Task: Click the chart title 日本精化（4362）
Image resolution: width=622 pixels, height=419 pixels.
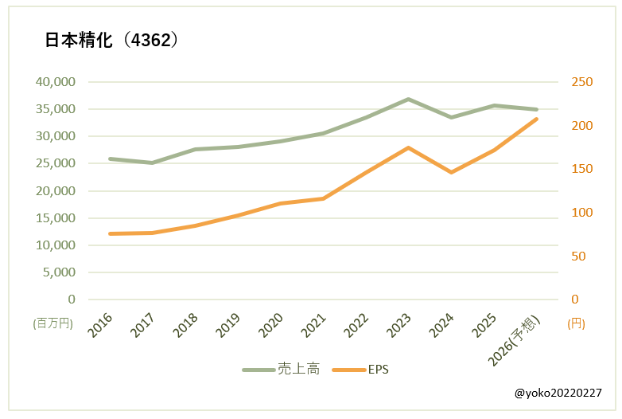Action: pyautogui.click(x=111, y=41)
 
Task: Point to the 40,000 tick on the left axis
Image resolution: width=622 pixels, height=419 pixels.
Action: pyautogui.click(x=56, y=81)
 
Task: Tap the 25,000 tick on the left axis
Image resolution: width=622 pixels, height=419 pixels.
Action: pyautogui.click(x=56, y=163)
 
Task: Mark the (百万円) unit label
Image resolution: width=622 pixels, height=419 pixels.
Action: pyautogui.click(x=52, y=323)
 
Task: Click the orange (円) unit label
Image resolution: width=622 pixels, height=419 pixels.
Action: pyautogui.click(x=577, y=323)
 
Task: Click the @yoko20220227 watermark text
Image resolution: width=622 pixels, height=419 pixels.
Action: pyautogui.click(x=558, y=394)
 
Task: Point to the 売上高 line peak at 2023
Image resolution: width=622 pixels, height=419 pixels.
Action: pyautogui.click(x=408, y=99)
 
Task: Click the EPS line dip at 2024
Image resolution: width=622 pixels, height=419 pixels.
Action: pyautogui.click(x=451, y=172)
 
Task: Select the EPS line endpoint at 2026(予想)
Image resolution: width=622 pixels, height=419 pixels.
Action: pyautogui.click(x=537, y=119)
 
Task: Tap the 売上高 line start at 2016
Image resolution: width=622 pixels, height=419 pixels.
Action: pyautogui.click(x=109, y=159)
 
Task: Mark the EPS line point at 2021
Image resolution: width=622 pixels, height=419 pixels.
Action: pyautogui.click(x=323, y=198)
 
